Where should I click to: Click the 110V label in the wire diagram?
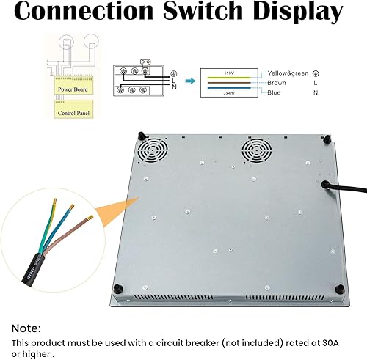coord(228,73)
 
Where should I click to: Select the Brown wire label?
coord(277,83)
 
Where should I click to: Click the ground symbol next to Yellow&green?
coord(316,73)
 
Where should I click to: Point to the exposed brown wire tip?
coord(89,218)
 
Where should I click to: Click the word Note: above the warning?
coord(26,328)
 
